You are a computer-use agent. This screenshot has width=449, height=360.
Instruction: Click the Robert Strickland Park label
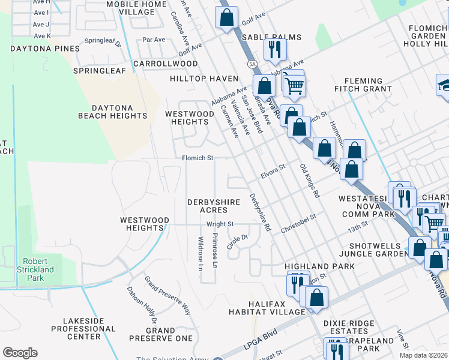tap(38, 269)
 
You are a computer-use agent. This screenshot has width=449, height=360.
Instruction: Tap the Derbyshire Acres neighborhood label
tap(214, 206)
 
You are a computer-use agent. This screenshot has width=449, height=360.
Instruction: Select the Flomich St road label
tap(198, 158)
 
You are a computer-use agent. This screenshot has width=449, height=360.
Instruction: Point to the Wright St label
tap(220, 224)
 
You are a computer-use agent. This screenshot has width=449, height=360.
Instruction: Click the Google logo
tap(20, 353)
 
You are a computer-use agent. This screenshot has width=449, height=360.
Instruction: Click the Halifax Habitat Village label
tap(264, 307)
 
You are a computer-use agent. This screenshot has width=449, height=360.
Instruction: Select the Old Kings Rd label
tap(307, 181)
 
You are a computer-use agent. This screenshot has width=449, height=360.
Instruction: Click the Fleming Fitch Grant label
tap(363, 85)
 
